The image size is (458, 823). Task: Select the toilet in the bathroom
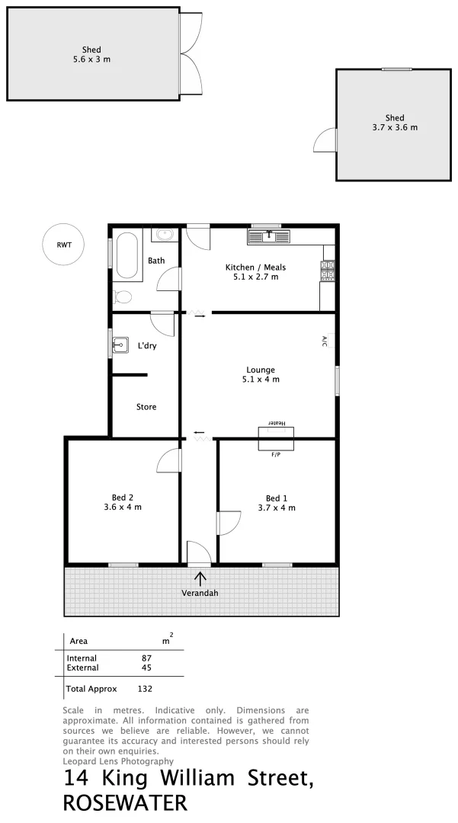(x=123, y=296)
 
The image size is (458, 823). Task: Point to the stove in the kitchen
(x=328, y=271)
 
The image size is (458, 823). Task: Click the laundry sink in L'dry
(x=120, y=346)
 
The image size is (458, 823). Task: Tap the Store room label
(x=146, y=407)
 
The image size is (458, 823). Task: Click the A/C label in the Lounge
(x=324, y=341)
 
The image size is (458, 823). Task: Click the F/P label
(x=276, y=455)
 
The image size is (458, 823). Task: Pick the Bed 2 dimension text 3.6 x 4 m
(x=123, y=507)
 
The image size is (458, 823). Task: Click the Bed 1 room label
(x=277, y=498)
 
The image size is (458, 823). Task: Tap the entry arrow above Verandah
(x=200, y=578)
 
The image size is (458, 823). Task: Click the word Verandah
(x=200, y=593)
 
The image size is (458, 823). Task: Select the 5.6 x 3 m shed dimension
(x=91, y=59)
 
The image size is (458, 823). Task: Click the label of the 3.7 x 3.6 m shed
(x=395, y=117)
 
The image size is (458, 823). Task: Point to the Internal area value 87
(x=147, y=658)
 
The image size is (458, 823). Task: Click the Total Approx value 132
(x=145, y=689)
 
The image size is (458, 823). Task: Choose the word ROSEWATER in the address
(x=125, y=803)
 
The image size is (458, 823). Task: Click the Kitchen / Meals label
(x=255, y=267)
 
